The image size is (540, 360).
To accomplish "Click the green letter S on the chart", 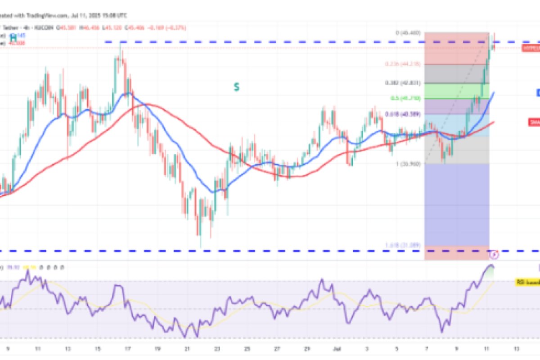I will [236, 87].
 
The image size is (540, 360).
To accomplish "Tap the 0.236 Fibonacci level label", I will [403, 64].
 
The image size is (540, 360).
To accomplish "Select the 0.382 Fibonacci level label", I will [402, 83].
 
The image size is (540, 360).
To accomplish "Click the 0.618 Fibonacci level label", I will [402, 114].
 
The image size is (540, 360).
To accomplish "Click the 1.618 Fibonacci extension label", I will [403, 245].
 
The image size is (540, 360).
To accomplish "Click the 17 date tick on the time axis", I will [127, 348].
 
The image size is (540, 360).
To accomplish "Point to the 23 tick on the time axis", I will [217, 348].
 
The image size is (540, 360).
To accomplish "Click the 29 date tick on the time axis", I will [307, 348].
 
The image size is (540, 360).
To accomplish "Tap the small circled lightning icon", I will [494, 255].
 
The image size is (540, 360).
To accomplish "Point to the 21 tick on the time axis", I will [187, 348].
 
